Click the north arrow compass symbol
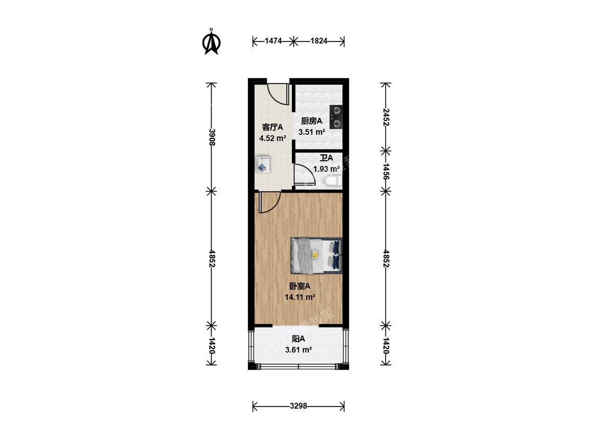pyautogui.click(x=211, y=41)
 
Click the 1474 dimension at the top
pyautogui.click(x=273, y=41)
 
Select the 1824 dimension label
pyautogui.click(x=319, y=41)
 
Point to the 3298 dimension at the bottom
pyautogui.click(x=298, y=406)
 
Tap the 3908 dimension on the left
pyautogui.click(x=212, y=137)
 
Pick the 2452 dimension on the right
pyautogui.click(x=386, y=117)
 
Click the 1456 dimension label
pyautogui.click(x=386, y=171)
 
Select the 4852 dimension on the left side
pyautogui.click(x=212, y=259)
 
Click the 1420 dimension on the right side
pyautogui.click(x=386, y=346)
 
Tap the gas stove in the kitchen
pyautogui.click(x=336, y=117)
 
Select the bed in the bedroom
pyautogui.click(x=317, y=256)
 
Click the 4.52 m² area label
pyautogui.click(x=273, y=138)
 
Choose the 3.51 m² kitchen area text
pyautogui.click(x=312, y=132)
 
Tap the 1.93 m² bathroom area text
pyautogui.click(x=326, y=168)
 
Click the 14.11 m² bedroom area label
pyautogui.click(x=300, y=297)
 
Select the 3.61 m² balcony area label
pyautogui.click(x=299, y=349)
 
